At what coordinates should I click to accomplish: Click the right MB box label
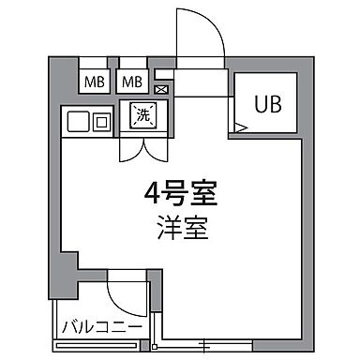point(133,82)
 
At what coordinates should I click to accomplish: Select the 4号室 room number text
point(179,196)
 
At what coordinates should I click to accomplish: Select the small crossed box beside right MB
point(160,90)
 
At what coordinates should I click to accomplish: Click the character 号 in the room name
point(177,196)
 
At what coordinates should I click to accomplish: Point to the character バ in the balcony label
point(69,327)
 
